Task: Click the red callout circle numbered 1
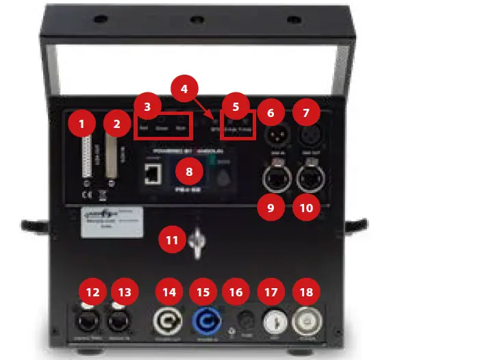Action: click(83, 124)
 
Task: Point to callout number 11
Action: click(171, 240)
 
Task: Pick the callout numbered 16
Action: click(236, 292)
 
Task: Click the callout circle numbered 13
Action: click(126, 292)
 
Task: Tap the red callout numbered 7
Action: click(306, 111)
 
